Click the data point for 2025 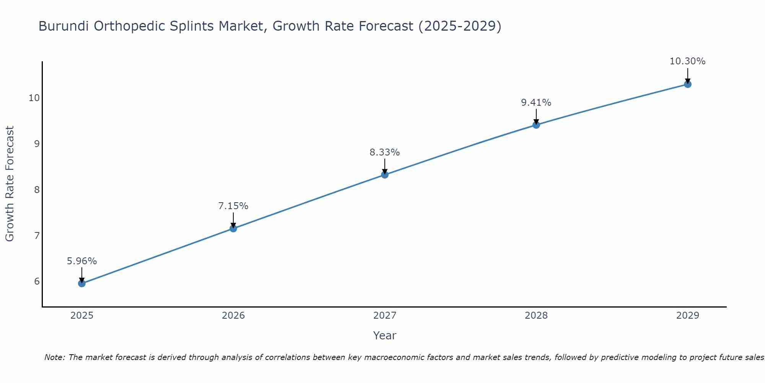(x=81, y=283)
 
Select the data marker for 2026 (x=233, y=229)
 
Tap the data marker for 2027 (x=385, y=175)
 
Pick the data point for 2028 (x=536, y=125)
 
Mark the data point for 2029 (x=688, y=84)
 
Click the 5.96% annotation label (x=82, y=261)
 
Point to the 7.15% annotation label (x=233, y=206)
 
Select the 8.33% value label (x=385, y=152)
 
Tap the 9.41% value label (x=536, y=103)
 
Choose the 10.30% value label (x=688, y=61)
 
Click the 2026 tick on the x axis (x=233, y=316)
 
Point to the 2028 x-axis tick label (x=536, y=316)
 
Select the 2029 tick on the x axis (x=688, y=316)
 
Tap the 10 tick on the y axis (x=34, y=98)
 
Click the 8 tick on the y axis (x=37, y=190)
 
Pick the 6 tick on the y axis (x=37, y=282)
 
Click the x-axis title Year (x=385, y=336)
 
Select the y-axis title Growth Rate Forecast (x=10, y=184)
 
